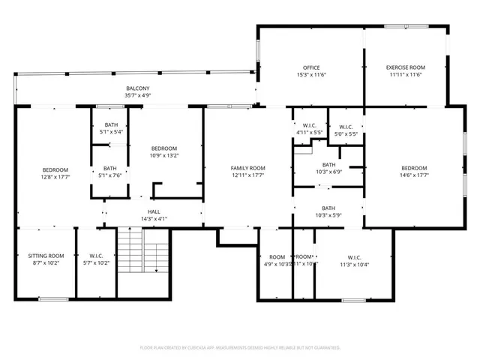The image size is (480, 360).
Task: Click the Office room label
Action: click(311, 71)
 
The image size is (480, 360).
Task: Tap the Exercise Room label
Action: click(404, 71)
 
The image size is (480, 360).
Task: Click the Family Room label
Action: click(247, 172)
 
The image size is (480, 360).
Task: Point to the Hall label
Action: click(154, 215)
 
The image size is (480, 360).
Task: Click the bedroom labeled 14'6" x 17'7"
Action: click(414, 172)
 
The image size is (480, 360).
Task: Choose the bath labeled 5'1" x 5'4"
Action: click(111, 128)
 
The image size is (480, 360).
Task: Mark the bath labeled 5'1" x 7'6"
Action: click(110, 172)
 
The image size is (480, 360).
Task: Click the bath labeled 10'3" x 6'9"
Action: click(328, 168)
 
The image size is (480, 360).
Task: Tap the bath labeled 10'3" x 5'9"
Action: click(328, 211)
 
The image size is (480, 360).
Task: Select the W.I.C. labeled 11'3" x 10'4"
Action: click(354, 260)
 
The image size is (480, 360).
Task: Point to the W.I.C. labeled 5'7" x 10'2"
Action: click(96, 259)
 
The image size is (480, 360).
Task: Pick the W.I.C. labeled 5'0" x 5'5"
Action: click(346, 130)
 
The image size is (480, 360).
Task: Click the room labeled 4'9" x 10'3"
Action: click(277, 260)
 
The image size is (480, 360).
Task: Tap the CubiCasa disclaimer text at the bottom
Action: click(240, 348)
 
